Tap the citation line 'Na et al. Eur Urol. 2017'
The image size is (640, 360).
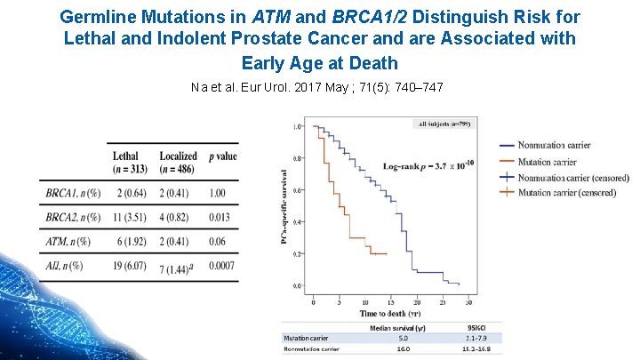(317, 87)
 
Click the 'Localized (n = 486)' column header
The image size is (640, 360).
(178, 163)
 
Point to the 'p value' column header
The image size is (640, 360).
(222, 156)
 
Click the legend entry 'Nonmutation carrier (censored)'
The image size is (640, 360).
(566, 177)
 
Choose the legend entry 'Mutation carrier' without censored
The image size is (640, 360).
(547, 161)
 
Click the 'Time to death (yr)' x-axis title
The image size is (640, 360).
(389, 314)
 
